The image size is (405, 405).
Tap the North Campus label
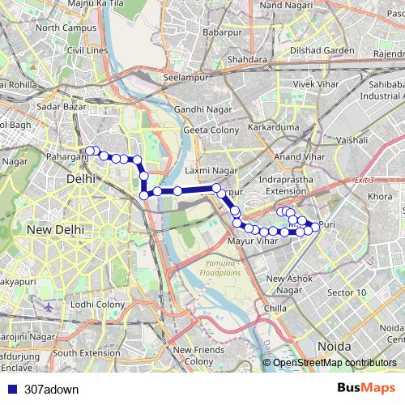click(x=66, y=28)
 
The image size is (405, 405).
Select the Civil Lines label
click(x=88, y=50)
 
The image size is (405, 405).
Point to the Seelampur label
click(x=186, y=78)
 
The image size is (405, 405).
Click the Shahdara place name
click(x=247, y=60)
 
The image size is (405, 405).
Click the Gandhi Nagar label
click(x=198, y=109)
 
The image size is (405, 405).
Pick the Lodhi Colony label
click(x=97, y=305)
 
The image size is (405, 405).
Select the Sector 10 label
click(x=347, y=292)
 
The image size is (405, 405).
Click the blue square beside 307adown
click(x=9, y=389)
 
